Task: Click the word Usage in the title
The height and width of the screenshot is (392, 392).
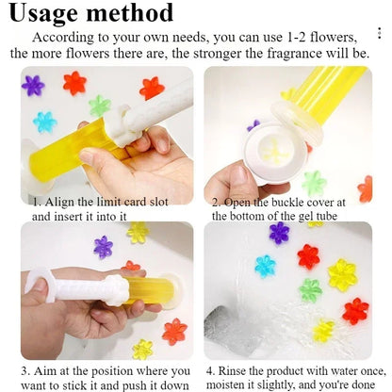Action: tap(57, 13)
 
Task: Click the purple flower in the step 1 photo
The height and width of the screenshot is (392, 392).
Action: tap(34, 86)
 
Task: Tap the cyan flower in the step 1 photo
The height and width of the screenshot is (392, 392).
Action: tap(44, 122)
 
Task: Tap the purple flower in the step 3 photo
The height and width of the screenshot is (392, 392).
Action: tap(103, 247)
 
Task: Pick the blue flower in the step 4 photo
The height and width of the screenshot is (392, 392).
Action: tap(266, 266)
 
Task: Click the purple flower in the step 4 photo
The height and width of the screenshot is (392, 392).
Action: tap(279, 233)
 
